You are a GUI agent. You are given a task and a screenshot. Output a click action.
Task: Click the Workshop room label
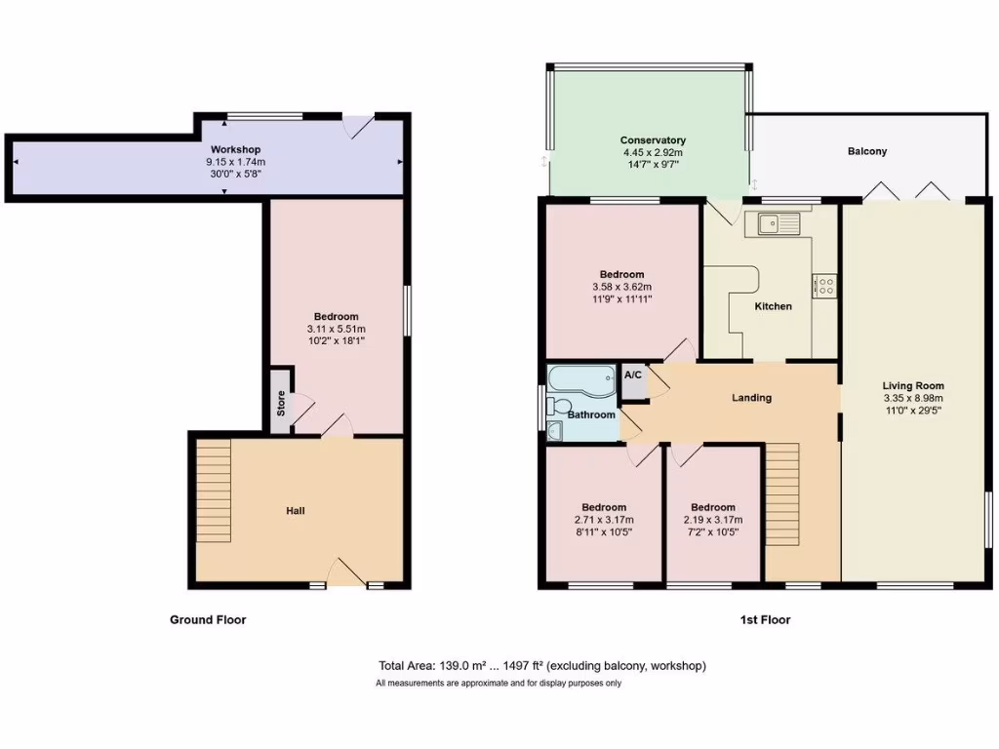pyautogui.click(x=235, y=149)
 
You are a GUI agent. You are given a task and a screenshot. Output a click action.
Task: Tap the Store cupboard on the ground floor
pyautogui.click(x=281, y=403)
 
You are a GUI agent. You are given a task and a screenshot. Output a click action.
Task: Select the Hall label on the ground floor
pyautogui.click(x=295, y=511)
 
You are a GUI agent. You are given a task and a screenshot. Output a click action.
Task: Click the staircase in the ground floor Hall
pyautogui.click(x=214, y=490)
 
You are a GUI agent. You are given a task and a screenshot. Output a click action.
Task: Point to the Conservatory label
pyautogui.click(x=653, y=140)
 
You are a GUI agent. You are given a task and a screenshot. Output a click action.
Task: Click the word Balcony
pyautogui.click(x=866, y=151)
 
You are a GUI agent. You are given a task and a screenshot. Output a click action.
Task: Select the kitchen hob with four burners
pyautogui.click(x=823, y=286)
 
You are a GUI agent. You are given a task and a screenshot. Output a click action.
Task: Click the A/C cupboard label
pyautogui.click(x=632, y=374)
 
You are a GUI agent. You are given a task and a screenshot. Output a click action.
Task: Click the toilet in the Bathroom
pyautogui.click(x=559, y=406)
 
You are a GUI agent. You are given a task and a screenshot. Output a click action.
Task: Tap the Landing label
pyautogui.click(x=751, y=398)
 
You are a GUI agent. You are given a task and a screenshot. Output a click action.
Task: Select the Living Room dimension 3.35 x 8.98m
pyautogui.click(x=914, y=398)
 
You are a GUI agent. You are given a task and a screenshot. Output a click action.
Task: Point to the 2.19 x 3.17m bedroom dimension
pyautogui.click(x=713, y=520)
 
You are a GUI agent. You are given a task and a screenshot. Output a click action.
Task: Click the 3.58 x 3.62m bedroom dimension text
pyautogui.click(x=621, y=287)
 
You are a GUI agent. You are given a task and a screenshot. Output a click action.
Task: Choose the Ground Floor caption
pyautogui.click(x=208, y=619)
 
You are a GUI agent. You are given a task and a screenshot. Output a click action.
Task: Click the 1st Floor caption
pyautogui.click(x=764, y=619)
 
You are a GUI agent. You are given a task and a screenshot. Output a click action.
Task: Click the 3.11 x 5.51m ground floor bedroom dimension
pyautogui.click(x=336, y=329)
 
